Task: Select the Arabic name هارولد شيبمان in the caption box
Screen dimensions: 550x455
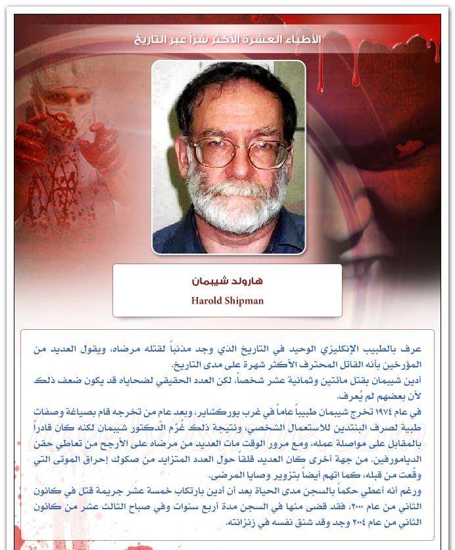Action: [x=227, y=281]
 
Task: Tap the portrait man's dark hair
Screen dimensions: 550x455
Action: [x=230, y=85]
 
